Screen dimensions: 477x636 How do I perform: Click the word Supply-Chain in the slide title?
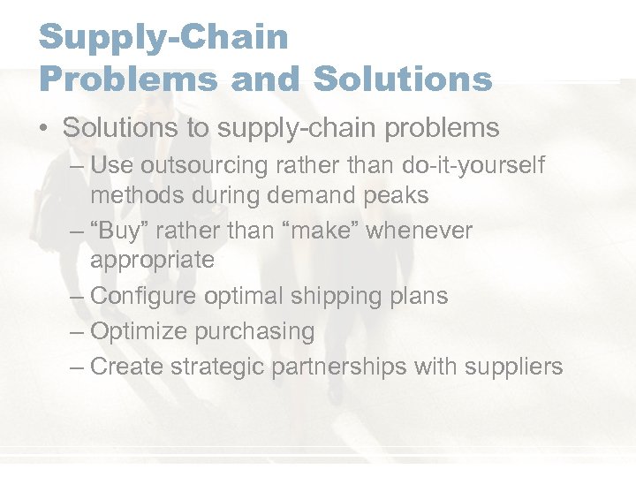pyautogui.click(x=163, y=37)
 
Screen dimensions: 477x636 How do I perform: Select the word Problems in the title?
pyautogui.click(x=128, y=79)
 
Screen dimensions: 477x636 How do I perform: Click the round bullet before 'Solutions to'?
pyautogui.click(x=43, y=129)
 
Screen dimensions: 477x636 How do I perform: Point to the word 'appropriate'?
pyautogui.click(x=152, y=261)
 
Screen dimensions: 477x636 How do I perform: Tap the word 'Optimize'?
pyautogui.click(x=139, y=332)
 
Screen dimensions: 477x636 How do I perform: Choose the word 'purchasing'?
pyautogui.click(x=257, y=332)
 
